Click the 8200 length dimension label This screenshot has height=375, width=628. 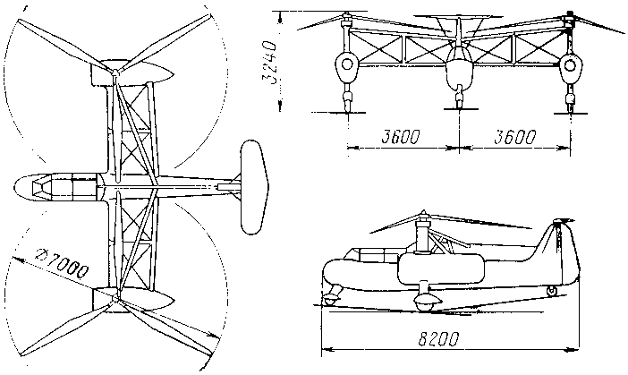(437, 339)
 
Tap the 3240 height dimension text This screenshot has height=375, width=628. (269, 61)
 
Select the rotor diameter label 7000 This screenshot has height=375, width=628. (61, 264)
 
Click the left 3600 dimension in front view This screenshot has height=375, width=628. (400, 137)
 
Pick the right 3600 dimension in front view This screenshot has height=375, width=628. (514, 137)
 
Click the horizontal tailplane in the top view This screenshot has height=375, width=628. (255, 187)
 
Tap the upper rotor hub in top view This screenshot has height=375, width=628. (115, 72)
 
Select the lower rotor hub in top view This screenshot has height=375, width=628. (116, 298)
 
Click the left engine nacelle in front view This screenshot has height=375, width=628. (346, 64)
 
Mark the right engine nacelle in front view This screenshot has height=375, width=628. (569, 64)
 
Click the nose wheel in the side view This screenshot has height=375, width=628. (330, 299)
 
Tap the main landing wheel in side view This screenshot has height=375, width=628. (425, 302)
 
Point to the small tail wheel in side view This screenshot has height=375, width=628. (552, 291)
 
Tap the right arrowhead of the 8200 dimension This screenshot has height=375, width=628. (575, 350)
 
